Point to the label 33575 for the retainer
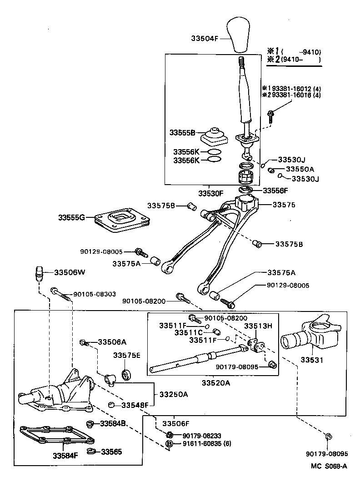[284, 205]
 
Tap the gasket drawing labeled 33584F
[57, 437]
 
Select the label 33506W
[70, 272]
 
